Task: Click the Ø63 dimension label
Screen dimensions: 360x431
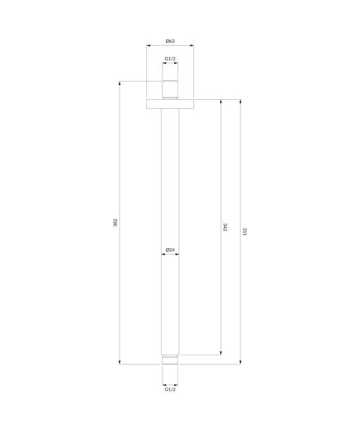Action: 170,41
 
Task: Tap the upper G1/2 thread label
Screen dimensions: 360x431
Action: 170,58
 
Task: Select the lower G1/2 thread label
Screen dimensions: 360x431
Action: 170,390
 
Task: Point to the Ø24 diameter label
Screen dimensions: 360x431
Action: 170,250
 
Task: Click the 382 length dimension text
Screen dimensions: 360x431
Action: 115,222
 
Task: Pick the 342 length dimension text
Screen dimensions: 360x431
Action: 225,227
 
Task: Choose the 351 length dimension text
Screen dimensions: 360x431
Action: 245,231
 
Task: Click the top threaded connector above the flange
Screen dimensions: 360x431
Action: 170,89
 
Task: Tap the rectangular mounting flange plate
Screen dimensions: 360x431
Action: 170,104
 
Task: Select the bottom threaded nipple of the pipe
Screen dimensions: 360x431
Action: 170,360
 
